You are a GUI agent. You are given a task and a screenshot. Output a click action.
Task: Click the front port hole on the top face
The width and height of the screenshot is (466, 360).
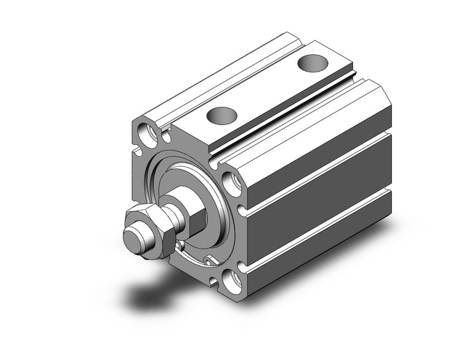pyautogui.click(x=222, y=115)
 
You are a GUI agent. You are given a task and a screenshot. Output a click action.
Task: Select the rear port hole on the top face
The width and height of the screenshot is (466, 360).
pyautogui.click(x=313, y=63)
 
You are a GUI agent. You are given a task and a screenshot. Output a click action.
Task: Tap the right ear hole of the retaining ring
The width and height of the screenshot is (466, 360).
pyautogui.click(x=211, y=262)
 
